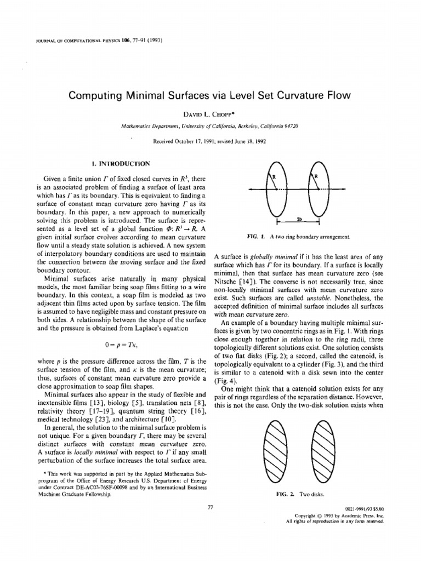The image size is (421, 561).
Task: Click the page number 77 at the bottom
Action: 210,508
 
